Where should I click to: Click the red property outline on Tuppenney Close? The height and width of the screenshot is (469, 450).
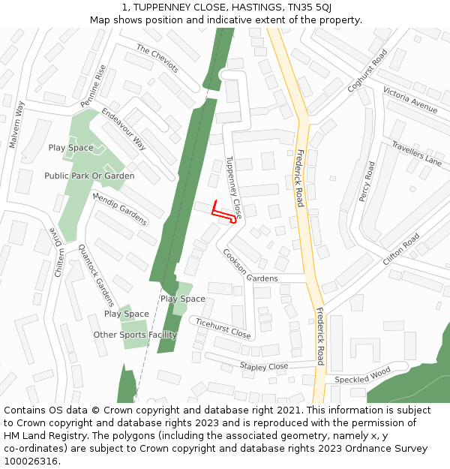(x=223, y=212)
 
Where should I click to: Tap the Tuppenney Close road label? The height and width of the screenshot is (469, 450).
(x=234, y=188)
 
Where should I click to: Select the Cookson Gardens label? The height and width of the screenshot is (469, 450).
(x=250, y=266)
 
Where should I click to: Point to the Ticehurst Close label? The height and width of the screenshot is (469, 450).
(x=223, y=327)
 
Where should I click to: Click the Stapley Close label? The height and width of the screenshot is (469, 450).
(x=263, y=366)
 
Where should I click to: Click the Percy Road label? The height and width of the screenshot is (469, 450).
(x=367, y=181)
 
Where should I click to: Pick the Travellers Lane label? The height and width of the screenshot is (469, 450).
(x=417, y=152)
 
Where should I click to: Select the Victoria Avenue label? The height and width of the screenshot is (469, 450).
(x=409, y=100)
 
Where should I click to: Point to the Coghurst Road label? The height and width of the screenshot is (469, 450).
(x=367, y=71)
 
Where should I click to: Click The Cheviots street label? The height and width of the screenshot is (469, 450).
(x=157, y=58)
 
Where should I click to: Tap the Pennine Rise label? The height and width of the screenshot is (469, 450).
(x=94, y=84)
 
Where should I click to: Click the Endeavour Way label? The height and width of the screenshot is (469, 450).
(x=124, y=129)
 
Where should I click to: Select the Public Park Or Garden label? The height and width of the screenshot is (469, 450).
(x=89, y=176)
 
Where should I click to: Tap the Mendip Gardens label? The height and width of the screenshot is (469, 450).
(x=119, y=209)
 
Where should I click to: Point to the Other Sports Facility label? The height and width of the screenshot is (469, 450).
(x=135, y=335)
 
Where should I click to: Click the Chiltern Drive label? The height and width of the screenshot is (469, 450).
(x=58, y=252)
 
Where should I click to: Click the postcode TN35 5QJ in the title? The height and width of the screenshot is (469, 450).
(x=309, y=8)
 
